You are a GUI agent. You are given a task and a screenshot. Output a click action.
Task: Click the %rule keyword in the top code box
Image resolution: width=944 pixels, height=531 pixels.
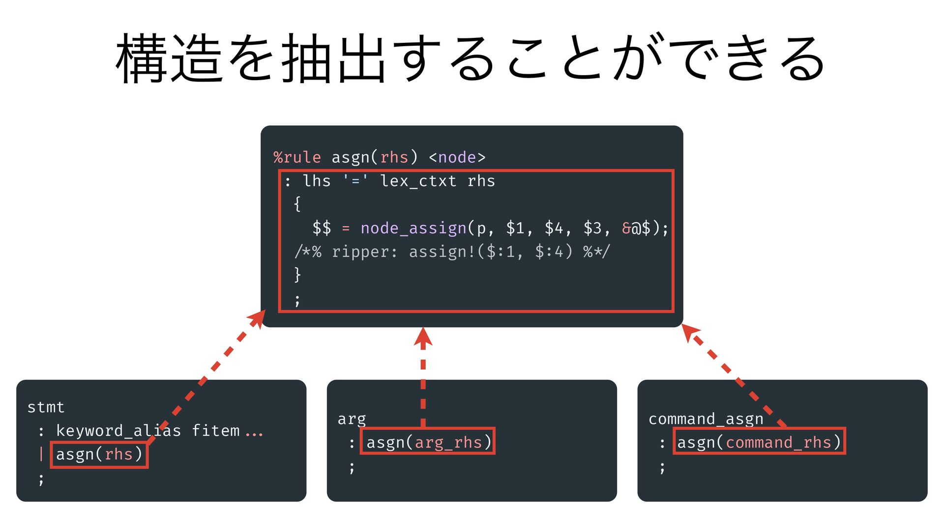(x=297, y=157)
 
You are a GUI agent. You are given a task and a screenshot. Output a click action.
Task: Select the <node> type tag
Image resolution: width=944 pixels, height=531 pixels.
(x=457, y=157)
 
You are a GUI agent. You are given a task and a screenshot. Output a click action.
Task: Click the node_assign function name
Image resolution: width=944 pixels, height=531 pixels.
(x=413, y=228)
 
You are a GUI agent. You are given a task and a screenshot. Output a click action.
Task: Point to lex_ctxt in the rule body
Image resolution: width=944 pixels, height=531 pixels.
(x=418, y=181)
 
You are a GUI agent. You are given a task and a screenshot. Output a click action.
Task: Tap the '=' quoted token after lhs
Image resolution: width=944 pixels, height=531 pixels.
(x=355, y=181)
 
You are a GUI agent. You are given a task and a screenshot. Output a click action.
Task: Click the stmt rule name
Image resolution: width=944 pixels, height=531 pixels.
(x=46, y=407)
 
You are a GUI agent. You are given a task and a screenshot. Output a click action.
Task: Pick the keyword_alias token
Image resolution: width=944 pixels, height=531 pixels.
(x=118, y=431)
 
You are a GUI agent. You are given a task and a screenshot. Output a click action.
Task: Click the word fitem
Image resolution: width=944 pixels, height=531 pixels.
(x=215, y=431)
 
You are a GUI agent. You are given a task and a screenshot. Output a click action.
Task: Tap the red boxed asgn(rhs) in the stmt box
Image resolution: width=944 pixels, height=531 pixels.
(x=99, y=454)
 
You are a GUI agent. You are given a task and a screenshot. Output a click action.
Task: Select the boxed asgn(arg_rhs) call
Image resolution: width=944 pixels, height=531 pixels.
(x=428, y=442)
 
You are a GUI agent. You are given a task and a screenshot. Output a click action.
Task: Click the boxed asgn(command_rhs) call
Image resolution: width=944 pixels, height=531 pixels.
(x=759, y=442)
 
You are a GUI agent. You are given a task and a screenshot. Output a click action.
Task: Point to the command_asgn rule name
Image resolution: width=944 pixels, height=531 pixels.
(x=706, y=419)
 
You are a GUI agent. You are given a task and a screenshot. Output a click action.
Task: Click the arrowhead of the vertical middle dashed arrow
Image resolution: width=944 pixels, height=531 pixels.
(x=423, y=336)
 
